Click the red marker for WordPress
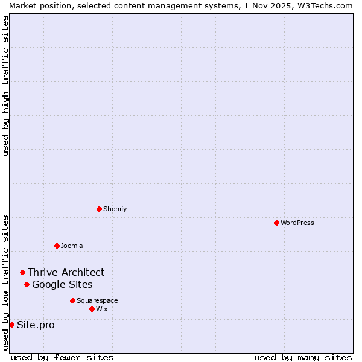point(276,223)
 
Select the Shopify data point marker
point(99,209)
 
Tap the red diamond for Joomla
point(57,246)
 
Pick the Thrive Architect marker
point(22,272)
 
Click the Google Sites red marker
point(27,284)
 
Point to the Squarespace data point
point(72,300)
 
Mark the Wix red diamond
point(92,309)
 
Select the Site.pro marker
point(11,325)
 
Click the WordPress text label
point(297,223)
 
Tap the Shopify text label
point(115,209)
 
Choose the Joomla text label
point(72,246)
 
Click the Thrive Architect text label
point(66,272)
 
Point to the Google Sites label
point(62,284)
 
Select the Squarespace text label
point(97,300)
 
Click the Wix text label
point(101,309)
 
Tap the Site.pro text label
point(36,325)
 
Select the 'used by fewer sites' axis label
point(62,357)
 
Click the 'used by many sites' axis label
point(303,357)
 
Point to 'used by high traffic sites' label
point(5,86)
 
